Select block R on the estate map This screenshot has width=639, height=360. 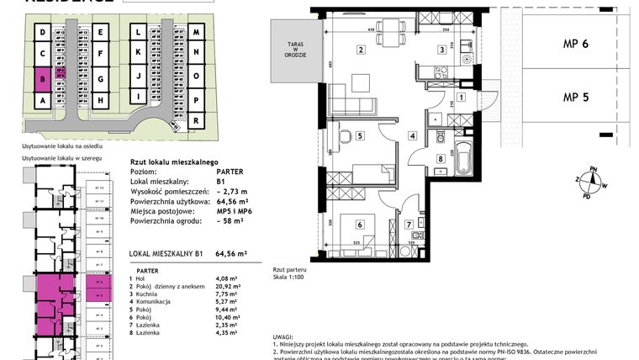(x=195, y=120)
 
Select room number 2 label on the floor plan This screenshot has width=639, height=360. (x=361, y=50)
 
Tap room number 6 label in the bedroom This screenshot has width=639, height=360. (x=359, y=224)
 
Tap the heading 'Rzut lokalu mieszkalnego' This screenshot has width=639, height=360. (x=174, y=161)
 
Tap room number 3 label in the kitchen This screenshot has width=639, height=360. (x=441, y=50)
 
